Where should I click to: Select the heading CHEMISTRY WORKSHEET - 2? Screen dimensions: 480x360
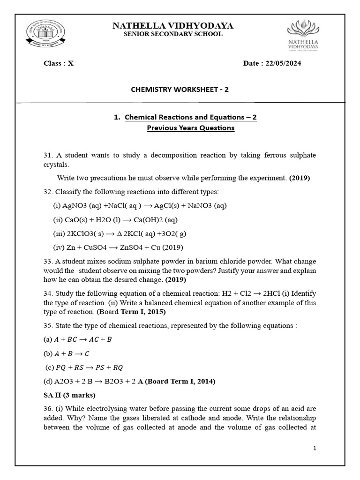pyautogui.click(x=180, y=90)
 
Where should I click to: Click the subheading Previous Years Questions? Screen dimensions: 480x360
pyautogui.click(x=191, y=127)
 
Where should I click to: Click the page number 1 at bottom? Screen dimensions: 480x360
pyautogui.click(x=315, y=449)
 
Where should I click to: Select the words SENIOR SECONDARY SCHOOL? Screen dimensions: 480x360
pyautogui.click(x=173, y=34)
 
